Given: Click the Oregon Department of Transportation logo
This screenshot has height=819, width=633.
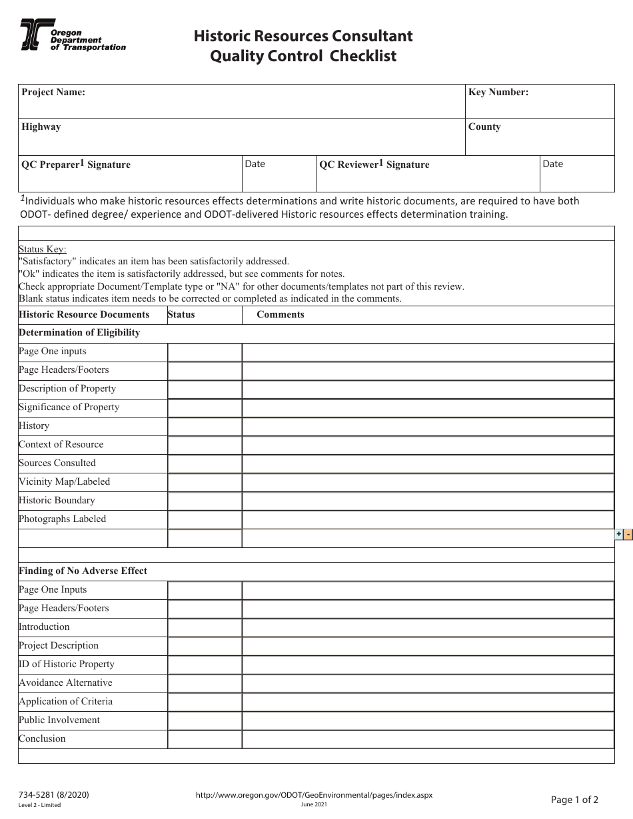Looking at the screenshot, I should [x=72, y=35].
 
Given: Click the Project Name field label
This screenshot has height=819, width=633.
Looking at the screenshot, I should [x=53, y=93].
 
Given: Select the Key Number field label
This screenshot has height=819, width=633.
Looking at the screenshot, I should [x=498, y=93].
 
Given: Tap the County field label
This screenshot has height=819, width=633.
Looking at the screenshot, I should [x=484, y=127].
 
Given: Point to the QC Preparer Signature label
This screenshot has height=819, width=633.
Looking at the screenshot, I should [x=76, y=164].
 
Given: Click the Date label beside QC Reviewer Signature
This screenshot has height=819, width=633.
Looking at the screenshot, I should [x=552, y=164].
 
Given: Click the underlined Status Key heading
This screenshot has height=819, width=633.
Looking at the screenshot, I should [x=43, y=249].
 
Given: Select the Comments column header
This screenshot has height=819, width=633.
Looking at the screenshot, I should [x=280, y=314].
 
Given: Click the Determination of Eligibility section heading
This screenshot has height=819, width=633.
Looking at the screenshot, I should [x=79, y=332].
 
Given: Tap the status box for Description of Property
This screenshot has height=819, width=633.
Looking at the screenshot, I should [x=204, y=389].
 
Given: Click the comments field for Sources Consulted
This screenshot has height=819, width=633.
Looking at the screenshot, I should [x=427, y=463].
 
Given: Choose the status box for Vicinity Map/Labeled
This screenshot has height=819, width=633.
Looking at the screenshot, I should [x=204, y=482].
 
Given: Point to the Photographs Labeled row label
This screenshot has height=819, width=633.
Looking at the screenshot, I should [x=62, y=519].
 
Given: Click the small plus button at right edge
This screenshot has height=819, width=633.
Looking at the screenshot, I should [x=618, y=534].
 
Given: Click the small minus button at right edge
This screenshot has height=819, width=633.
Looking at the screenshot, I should [x=628, y=534].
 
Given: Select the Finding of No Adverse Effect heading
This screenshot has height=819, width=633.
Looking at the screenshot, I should [x=83, y=571].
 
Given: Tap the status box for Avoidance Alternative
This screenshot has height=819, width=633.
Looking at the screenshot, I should [x=204, y=683].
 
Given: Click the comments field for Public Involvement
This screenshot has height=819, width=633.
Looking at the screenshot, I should [x=427, y=720].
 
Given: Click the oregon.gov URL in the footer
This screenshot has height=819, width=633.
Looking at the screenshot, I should [x=314, y=795].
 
